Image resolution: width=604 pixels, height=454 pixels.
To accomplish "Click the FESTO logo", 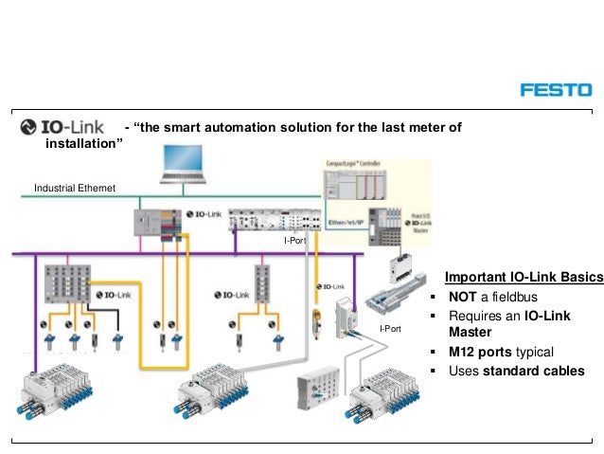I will [555, 90].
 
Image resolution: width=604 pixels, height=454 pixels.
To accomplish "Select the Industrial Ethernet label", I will [74, 189].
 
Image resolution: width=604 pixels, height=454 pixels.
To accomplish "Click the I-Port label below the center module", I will [294, 242].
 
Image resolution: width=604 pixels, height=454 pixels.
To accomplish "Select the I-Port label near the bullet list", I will [390, 329].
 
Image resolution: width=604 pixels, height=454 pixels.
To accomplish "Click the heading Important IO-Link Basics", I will [524, 277].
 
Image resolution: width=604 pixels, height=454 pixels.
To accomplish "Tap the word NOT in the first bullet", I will [463, 297].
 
